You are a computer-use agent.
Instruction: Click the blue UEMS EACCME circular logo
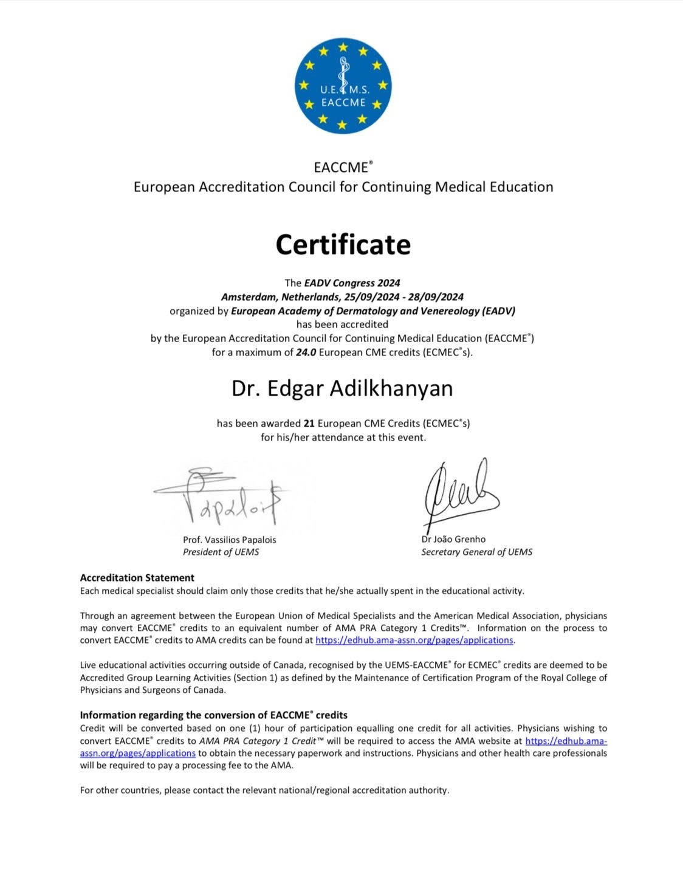click(x=343, y=86)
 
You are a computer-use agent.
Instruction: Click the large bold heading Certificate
click(x=343, y=244)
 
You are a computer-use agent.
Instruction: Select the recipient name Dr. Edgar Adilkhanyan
click(x=342, y=388)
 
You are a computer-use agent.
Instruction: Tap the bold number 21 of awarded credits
click(x=309, y=423)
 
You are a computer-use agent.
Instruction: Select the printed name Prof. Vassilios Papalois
click(x=229, y=539)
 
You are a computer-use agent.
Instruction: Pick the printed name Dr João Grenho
click(x=453, y=539)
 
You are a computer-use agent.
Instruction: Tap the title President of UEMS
click(x=221, y=552)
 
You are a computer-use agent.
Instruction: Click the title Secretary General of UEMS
click(x=476, y=552)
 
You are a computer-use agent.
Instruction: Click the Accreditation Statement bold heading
click(x=137, y=577)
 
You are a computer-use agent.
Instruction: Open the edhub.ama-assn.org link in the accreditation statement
click(x=414, y=640)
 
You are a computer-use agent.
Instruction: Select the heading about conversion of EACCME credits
click(x=214, y=715)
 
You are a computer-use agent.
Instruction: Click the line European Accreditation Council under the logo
click(x=343, y=187)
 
